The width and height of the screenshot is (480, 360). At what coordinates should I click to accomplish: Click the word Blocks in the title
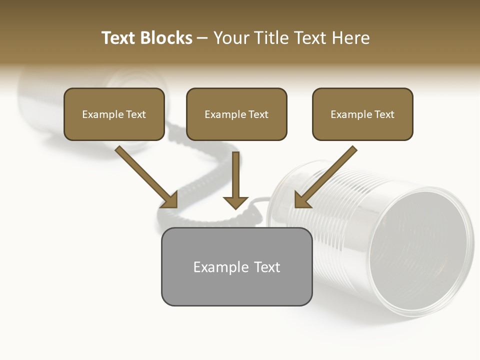coord(166,38)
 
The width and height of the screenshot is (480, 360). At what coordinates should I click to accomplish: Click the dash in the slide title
coord(202,38)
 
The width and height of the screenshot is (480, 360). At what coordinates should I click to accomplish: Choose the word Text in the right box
coord(384,114)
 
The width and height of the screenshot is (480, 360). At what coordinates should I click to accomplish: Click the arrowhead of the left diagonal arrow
coord(170,200)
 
